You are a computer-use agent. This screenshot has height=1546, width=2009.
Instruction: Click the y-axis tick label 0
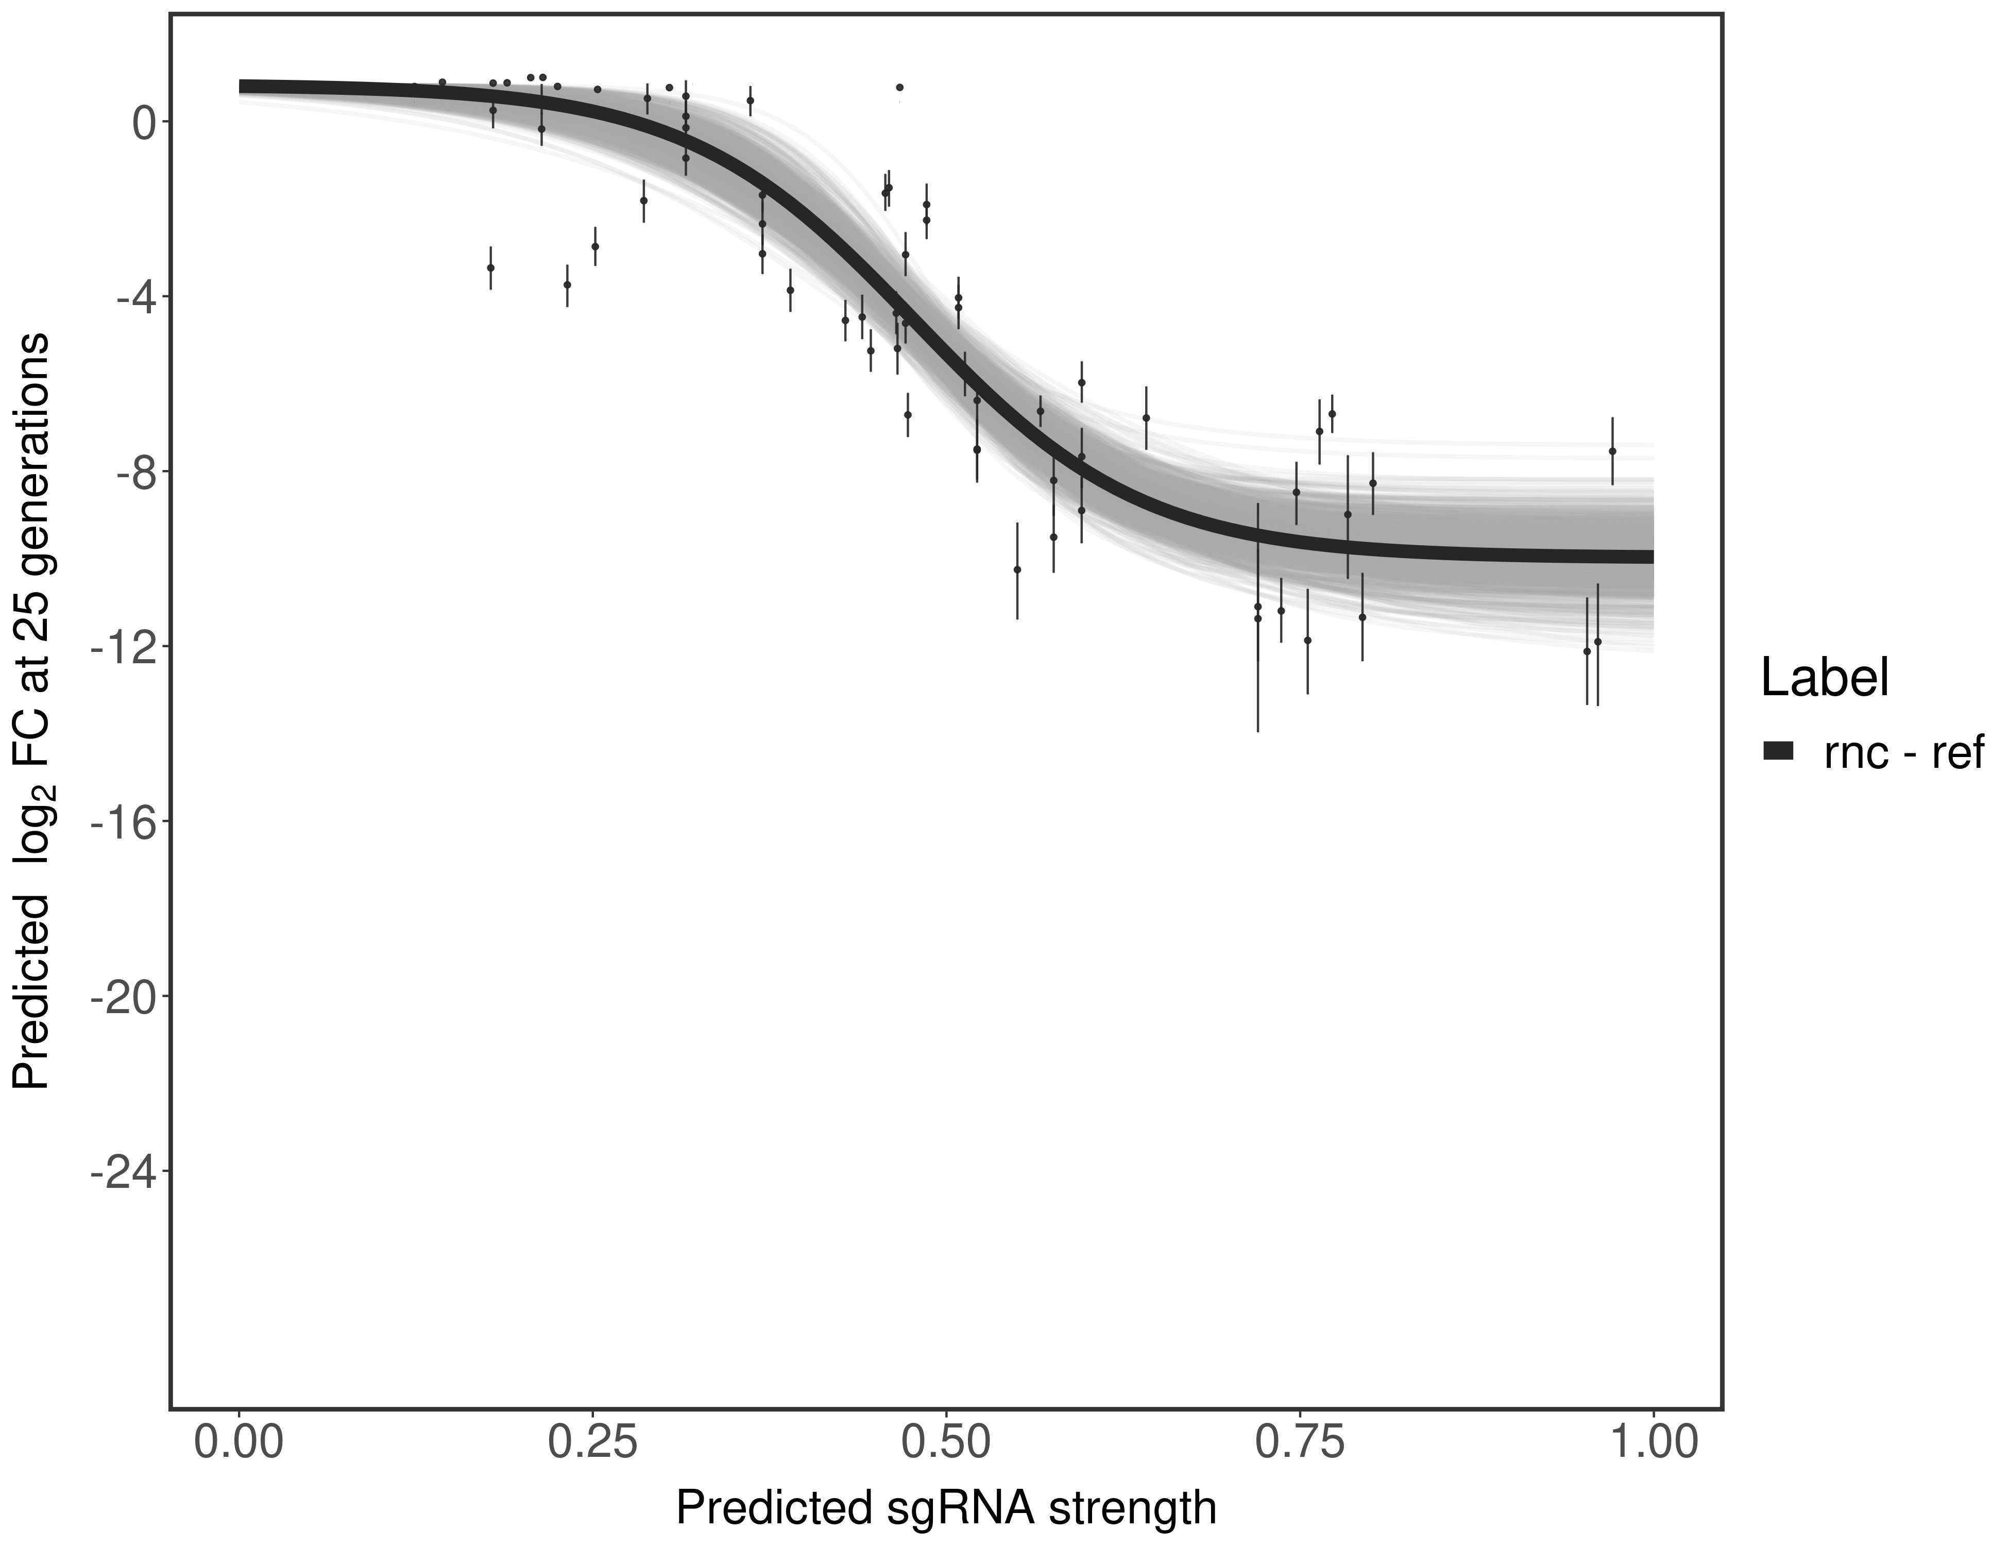click(144, 123)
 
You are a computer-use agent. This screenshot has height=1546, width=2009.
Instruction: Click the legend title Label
click(1825, 678)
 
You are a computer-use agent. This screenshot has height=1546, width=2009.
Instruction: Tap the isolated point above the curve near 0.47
click(899, 88)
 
